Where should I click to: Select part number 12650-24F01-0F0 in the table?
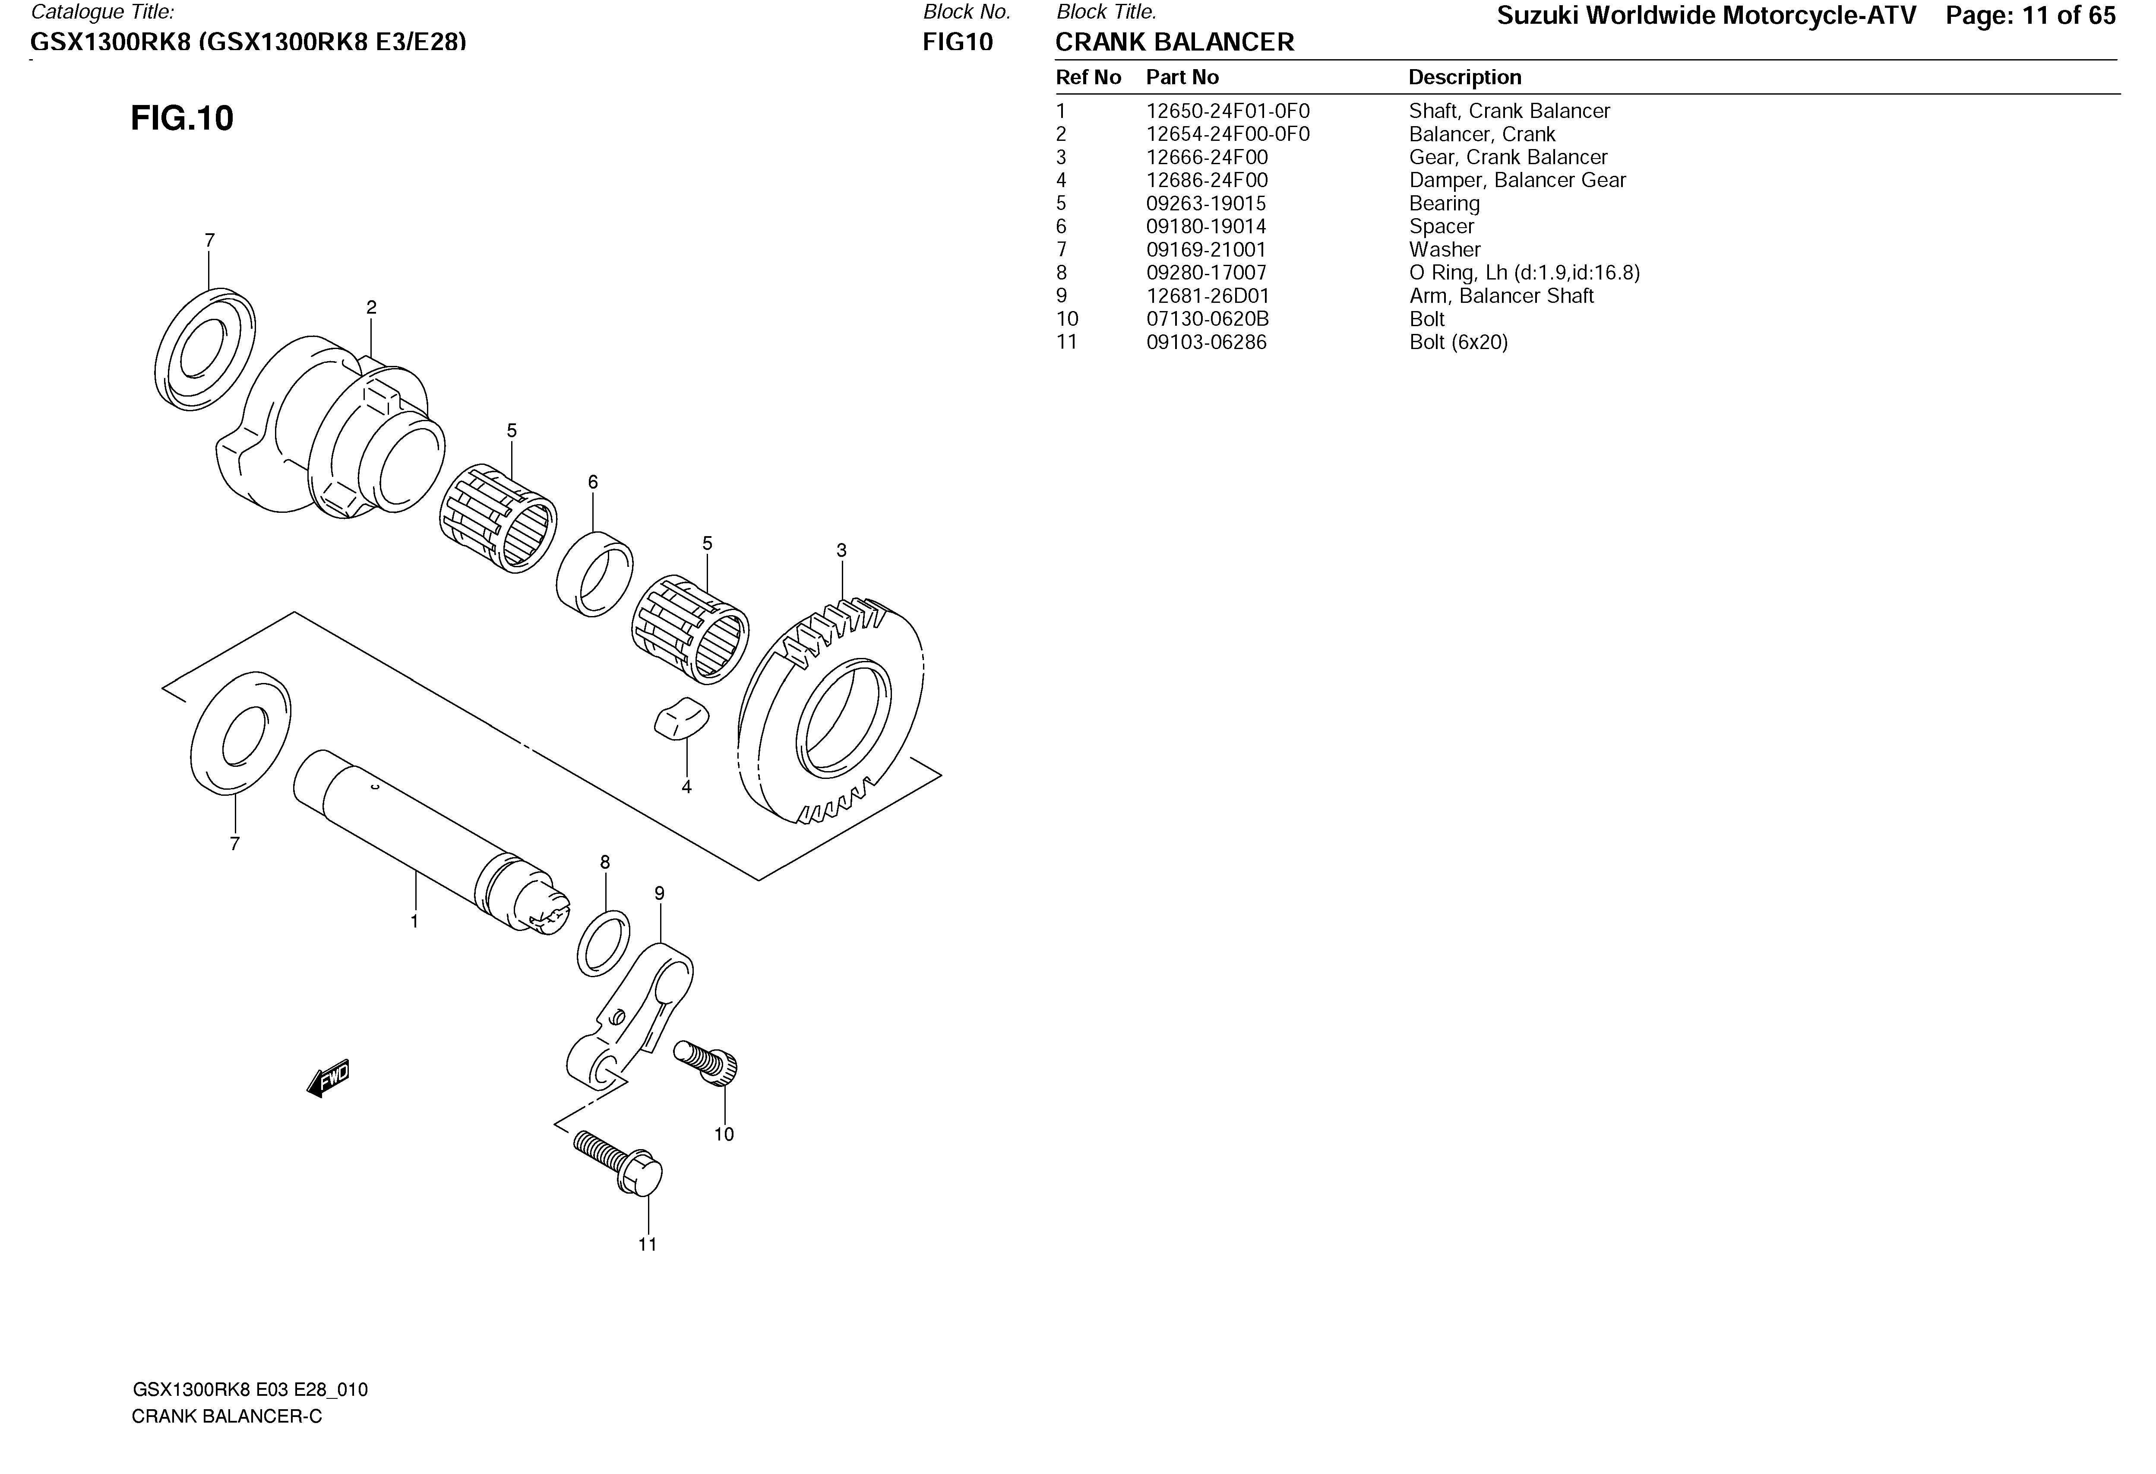pos(1227,111)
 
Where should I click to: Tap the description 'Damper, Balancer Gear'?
pos(1517,180)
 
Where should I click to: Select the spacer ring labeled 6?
pos(594,574)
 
